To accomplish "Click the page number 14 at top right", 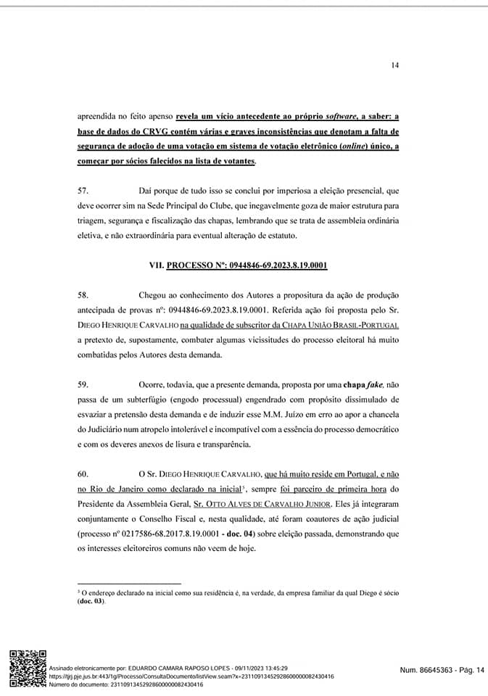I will [x=394, y=65].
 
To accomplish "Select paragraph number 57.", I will [x=83, y=190].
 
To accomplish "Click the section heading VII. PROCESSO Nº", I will [x=238, y=265].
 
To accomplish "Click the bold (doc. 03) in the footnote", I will [x=92, y=602].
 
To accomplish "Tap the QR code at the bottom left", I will [x=27, y=668].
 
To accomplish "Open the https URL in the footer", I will [x=191, y=676].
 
